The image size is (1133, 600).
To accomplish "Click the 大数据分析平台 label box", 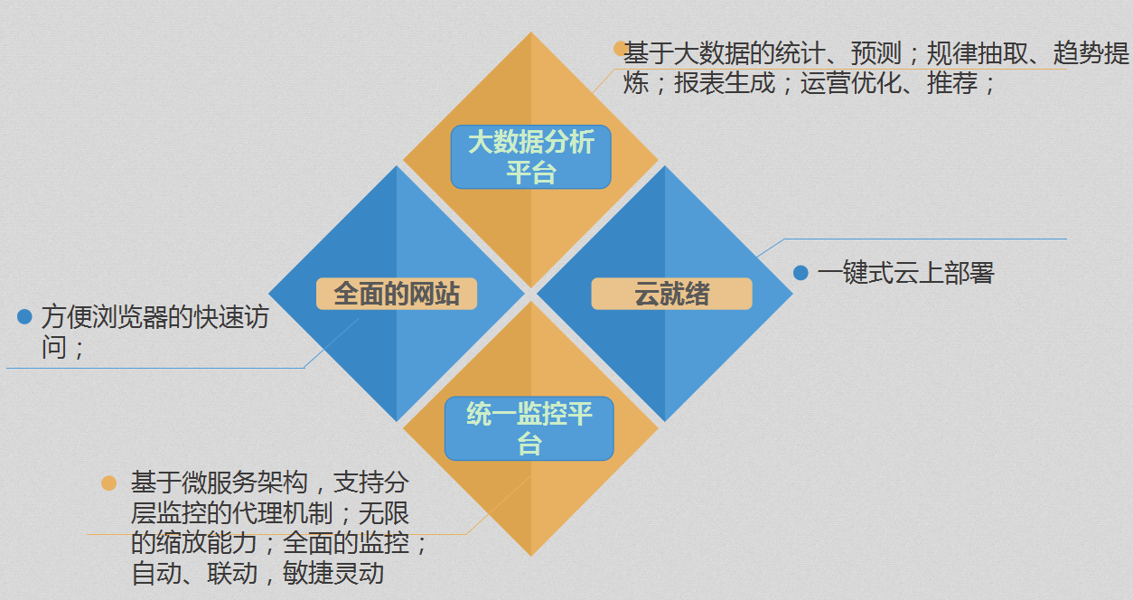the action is click(530, 157).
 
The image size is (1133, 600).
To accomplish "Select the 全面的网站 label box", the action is click(397, 294).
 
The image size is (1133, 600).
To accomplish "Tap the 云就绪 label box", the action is click(671, 294).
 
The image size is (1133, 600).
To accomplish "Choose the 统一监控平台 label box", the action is click(529, 428).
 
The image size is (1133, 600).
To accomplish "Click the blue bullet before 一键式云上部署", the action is click(801, 273).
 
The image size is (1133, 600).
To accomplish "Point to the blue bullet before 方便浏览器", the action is click(24, 316).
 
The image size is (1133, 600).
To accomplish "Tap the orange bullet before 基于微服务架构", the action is click(108, 483).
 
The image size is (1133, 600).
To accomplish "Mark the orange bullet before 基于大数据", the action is click(619, 49).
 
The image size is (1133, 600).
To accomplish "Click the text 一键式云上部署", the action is click(906, 273).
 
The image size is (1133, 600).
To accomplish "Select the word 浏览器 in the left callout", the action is click(129, 317).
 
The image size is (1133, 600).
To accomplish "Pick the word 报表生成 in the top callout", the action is click(725, 82).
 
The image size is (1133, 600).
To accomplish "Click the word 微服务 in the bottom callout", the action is click(219, 483).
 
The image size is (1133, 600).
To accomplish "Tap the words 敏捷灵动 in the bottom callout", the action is click(332, 573).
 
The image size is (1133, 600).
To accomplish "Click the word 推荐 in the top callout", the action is click(952, 82).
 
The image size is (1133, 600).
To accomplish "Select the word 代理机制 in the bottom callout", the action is click(282, 513).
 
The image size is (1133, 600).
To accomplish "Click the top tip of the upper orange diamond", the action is click(530, 32).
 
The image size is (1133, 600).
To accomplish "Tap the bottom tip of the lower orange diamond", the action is click(530, 557).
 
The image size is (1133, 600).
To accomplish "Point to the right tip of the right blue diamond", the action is click(792, 293).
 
